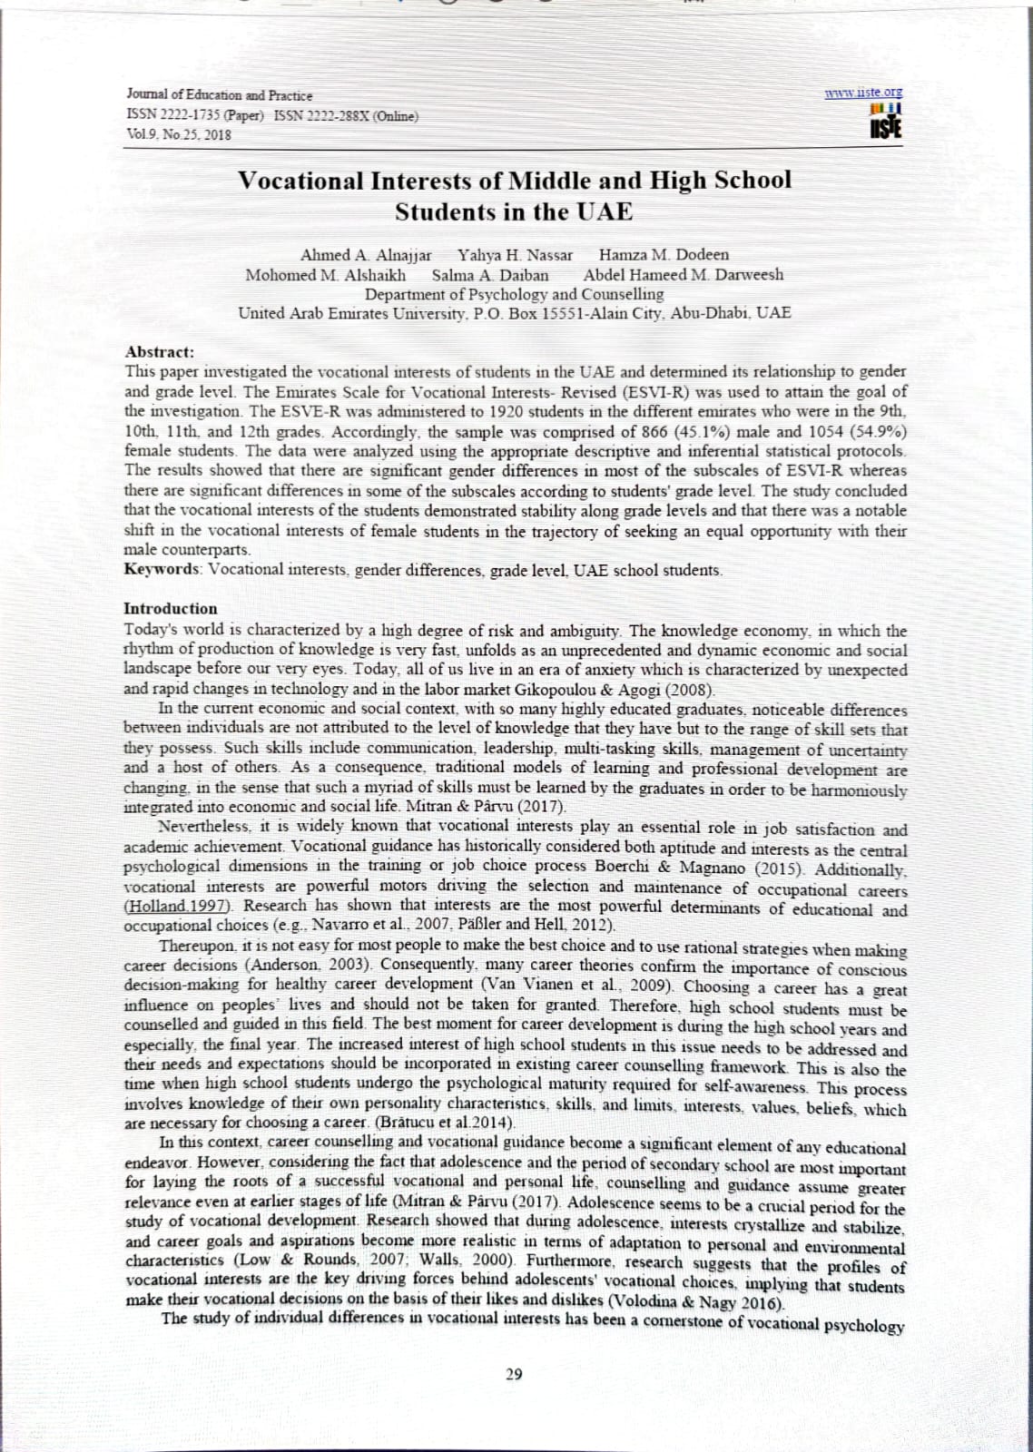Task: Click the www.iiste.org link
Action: [863, 93]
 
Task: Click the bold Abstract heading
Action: [159, 352]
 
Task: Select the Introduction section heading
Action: [171, 609]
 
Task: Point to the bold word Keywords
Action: [162, 570]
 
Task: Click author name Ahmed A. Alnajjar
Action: [366, 255]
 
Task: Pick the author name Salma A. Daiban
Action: [490, 275]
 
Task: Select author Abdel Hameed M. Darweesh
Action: [684, 275]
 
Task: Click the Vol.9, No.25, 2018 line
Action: [179, 135]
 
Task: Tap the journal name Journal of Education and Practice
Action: [219, 95]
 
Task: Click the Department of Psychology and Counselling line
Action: [514, 294]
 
